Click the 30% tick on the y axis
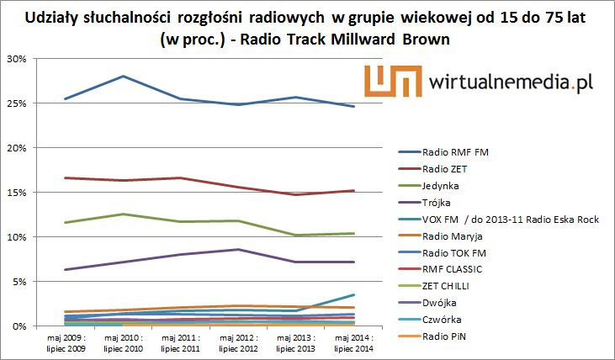click(17, 59)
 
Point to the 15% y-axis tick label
click(17, 193)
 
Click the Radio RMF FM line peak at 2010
click(124, 77)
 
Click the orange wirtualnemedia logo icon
click(393, 82)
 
